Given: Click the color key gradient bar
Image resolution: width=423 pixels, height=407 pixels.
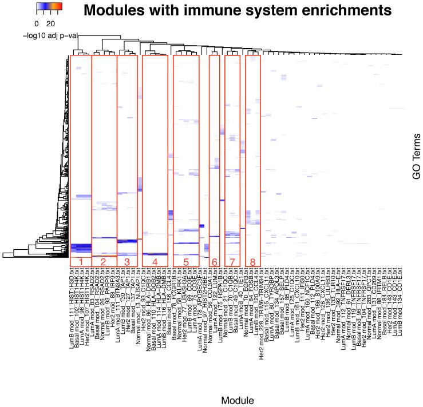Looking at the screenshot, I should [x=49, y=7].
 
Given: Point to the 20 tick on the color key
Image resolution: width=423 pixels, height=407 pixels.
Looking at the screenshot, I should [x=51, y=24].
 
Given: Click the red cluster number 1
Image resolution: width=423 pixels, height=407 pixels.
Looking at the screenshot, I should [x=81, y=262].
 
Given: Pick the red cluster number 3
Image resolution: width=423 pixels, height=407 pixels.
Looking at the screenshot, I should [x=127, y=262].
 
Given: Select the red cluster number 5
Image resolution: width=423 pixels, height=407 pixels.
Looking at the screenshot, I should [x=185, y=262].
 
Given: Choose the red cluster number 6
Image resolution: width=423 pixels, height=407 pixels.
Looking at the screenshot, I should [x=215, y=262].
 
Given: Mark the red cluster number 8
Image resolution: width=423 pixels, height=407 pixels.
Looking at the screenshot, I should [x=252, y=262].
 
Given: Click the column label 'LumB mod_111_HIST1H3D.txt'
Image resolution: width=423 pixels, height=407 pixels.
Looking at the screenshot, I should [x=72, y=300].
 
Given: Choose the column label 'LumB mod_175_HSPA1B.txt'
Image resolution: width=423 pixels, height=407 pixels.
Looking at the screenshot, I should [x=221, y=298].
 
